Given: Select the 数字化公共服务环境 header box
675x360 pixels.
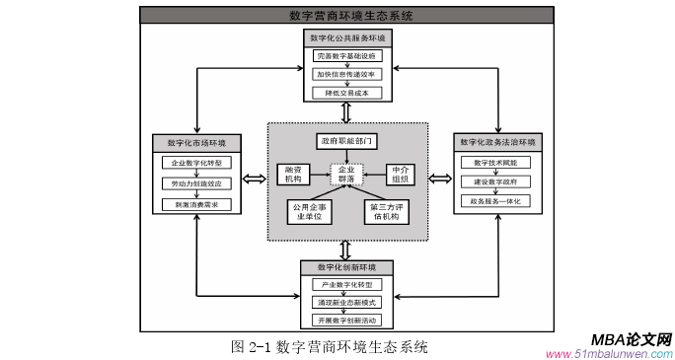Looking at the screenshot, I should pyautogui.click(x=345, y=37).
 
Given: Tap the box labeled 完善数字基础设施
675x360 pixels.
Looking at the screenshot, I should pyautogui.click(x=345, y=57).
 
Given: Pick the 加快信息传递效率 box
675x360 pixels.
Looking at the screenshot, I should pyautogui.click(x=345, y=74).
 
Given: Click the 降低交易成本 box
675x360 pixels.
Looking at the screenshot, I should pyautogui.click(x=345, y=92).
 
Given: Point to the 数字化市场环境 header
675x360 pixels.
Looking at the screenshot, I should pyautogui.click(x=196, y=142).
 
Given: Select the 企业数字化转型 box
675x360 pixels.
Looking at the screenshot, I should pyautogui.click(x=196, y=162).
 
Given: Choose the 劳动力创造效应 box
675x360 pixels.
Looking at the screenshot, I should pyautogui.click(x=196, y=183).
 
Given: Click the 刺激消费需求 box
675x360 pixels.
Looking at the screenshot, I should pyautogui.click(x=196, y=204).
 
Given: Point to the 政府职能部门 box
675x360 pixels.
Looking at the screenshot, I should pyautogui.click(x=345, y=141).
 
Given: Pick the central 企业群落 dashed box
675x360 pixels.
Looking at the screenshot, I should pyautogui.click(x=346, y=175).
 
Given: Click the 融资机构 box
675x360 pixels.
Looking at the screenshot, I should pyautogui.click(x=293, y=174).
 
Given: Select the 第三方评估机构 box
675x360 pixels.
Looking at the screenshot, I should pyautogui.click(x=386, y=212).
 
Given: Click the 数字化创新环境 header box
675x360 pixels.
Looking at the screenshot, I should pyautogui.click(x=345, y=267).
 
